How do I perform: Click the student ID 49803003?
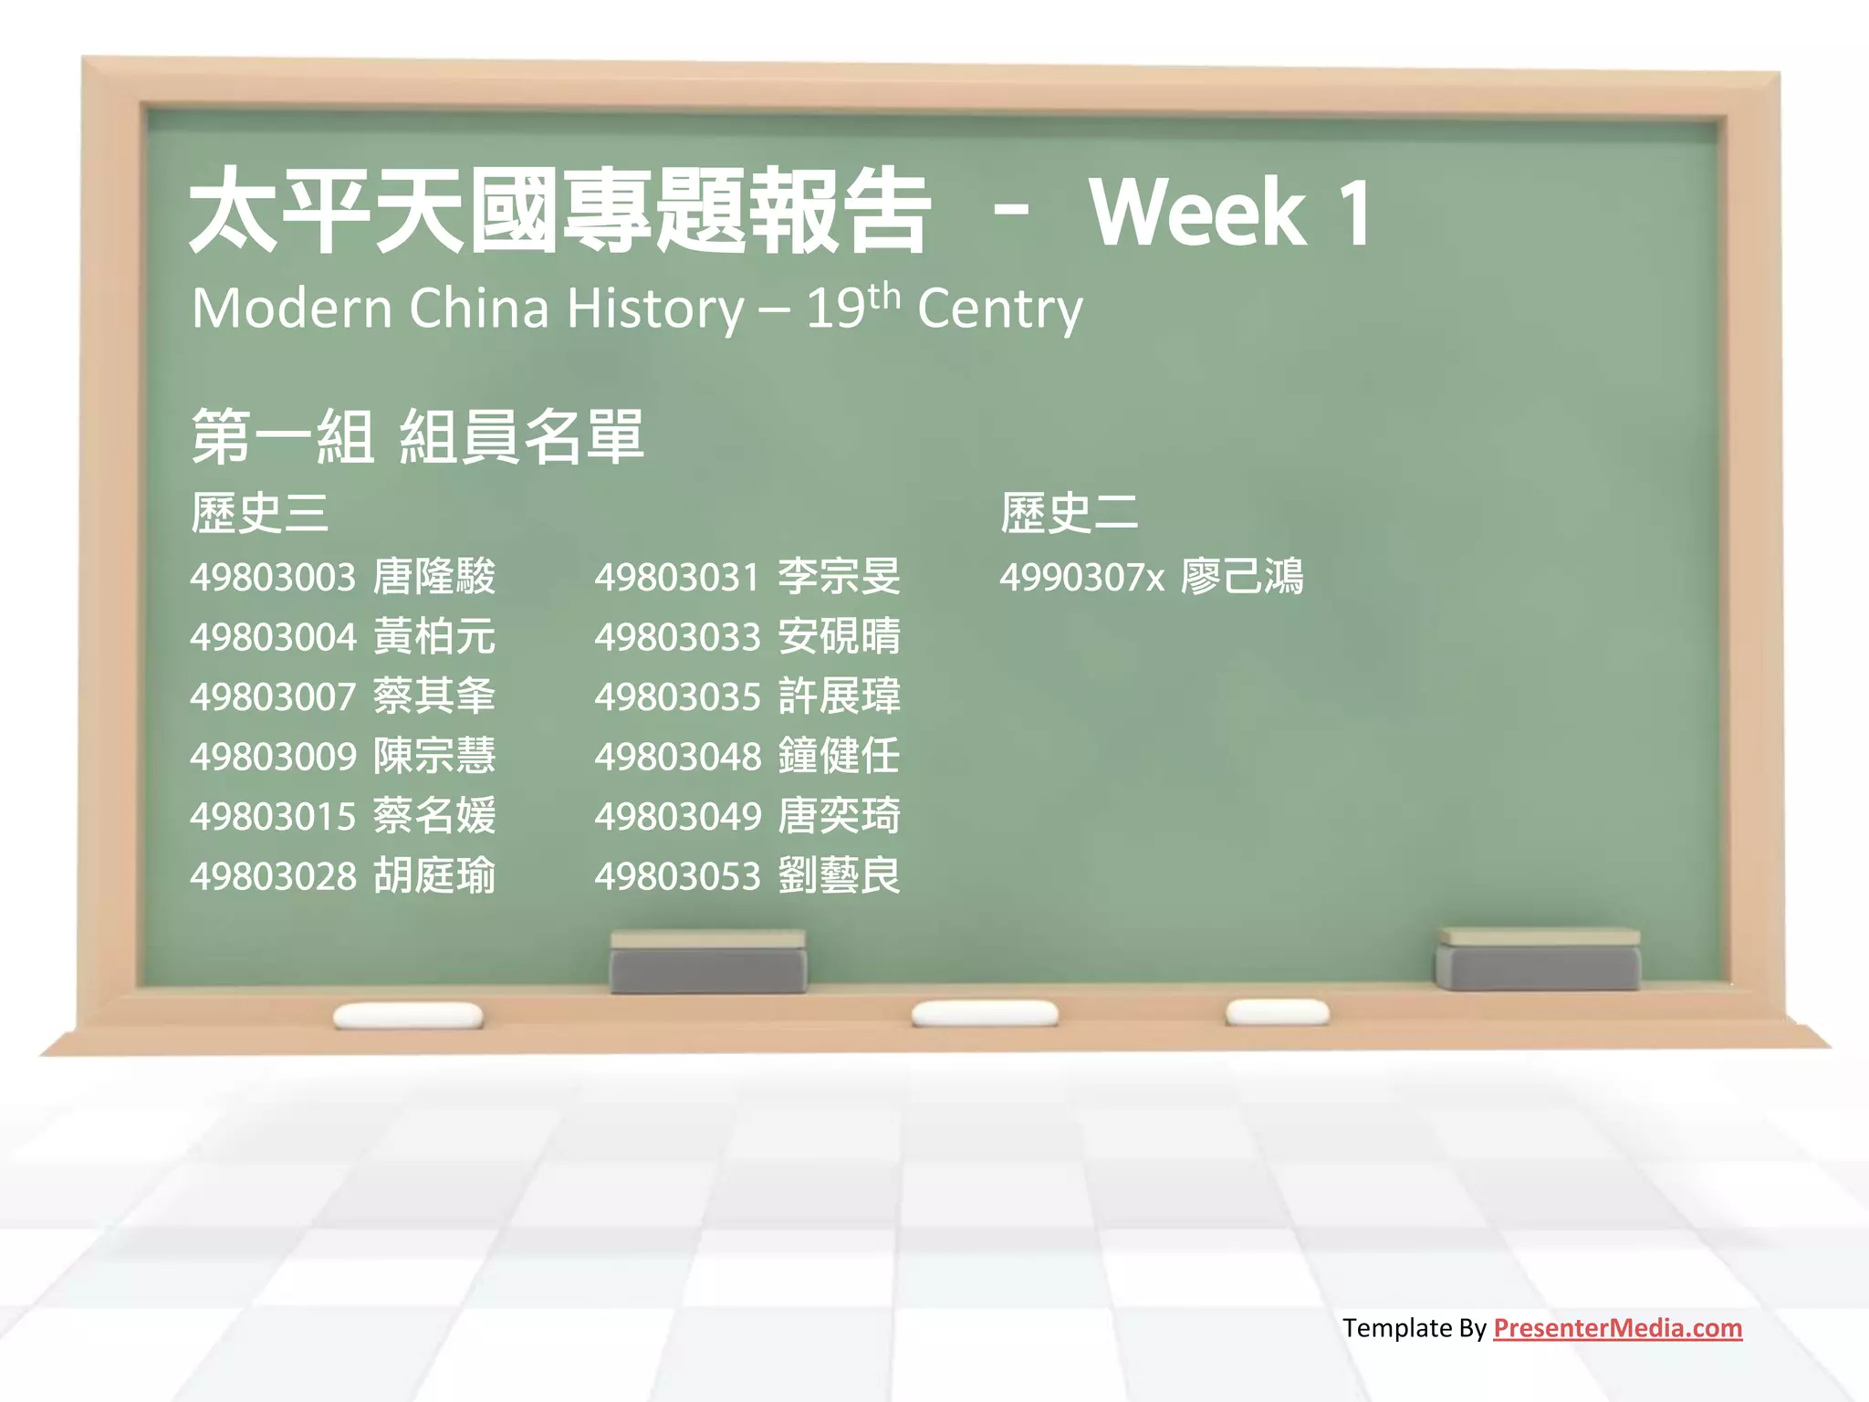click(272, 577)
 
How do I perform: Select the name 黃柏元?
click(434, 636)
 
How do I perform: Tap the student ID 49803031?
click(677, 577)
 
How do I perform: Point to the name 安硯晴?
click(839, 636)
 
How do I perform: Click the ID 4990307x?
click(1081, 577)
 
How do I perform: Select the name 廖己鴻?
click(1242, 577)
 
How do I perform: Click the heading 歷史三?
click(259, 512)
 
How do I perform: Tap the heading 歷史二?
click(1069, 512)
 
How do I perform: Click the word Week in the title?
click(1197, 213)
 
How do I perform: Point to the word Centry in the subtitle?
click(999, 309)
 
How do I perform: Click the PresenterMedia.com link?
click(1617, 1328)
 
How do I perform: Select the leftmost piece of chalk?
click(408, 1015)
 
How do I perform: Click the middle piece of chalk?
click(985, 1012)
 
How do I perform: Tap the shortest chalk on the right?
click(1277, 1011)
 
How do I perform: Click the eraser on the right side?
click(1539, 960)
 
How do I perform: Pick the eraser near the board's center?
click(707, 963)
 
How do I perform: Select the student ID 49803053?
click(677, 876)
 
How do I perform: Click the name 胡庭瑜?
click(434, 876)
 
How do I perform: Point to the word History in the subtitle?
click(655, 309)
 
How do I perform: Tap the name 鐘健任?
click(839, 756)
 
